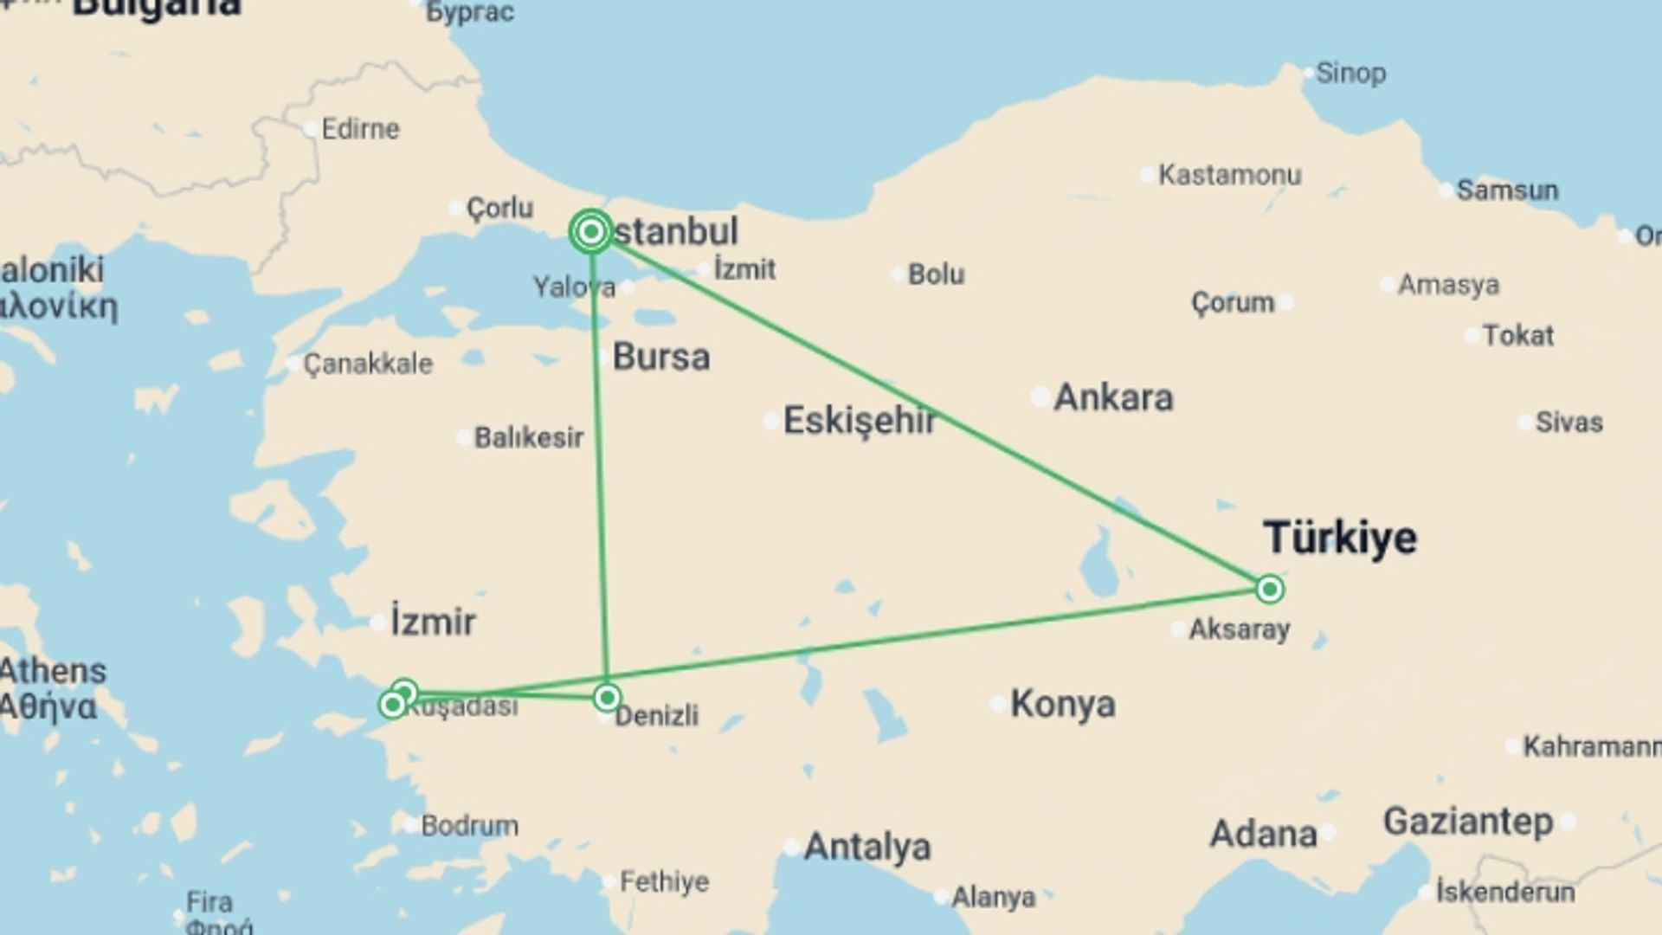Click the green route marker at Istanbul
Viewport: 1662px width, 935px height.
point(591,231)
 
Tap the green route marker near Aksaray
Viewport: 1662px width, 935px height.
point(1269,590)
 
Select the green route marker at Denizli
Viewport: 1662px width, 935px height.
point(607,697)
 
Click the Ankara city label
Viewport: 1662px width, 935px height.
point(1113,397)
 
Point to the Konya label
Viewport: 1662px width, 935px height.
point(1063,704)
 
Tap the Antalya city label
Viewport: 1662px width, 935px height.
point(867,847)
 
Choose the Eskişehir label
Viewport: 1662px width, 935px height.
point(860,421)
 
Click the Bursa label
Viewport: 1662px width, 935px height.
point(661,357)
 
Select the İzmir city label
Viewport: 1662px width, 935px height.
point(433,622)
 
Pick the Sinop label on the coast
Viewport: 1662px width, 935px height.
point(1350,74)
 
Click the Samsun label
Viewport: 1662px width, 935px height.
point(1507,190)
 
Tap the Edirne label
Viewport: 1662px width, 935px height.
point(360,129)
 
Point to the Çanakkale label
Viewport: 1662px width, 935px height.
point(368,364)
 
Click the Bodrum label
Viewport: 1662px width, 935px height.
point(470,825)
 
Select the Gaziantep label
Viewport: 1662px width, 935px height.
point(1468,821)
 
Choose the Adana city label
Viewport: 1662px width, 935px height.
point(1263,834)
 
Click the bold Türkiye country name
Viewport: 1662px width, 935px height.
point(1340,537)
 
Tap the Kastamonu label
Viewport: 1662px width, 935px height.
point(1229,175)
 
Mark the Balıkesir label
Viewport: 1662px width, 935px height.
point(529,437)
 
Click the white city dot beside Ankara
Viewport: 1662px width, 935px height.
point(1040,397)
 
